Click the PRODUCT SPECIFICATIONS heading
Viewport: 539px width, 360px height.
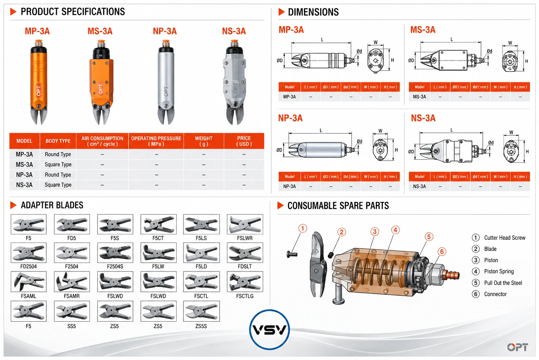click(73, 12)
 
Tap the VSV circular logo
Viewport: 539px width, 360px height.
click(269, 329)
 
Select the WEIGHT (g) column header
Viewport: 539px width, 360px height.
click(204, 141)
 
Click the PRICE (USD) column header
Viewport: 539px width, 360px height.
click(244, 141)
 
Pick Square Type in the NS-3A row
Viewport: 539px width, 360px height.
click(58, 185)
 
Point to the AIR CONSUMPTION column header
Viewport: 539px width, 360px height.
click(102, 141)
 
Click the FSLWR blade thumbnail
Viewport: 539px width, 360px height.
click(245, 224)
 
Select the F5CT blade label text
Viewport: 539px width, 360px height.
click(158, 238)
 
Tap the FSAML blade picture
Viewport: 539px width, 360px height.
click(29, 281)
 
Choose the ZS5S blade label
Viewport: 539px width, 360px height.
click(201, 326)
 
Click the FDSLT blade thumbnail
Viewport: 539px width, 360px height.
click(245, 253)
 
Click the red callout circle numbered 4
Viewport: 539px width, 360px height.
click(395, 230)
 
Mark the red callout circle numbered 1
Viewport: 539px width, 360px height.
click(303, 229)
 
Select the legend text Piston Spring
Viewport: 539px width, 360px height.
click(499, 271)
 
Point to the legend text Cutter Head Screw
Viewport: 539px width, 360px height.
click(505, 238)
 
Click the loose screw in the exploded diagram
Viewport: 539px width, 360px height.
click(292, 254)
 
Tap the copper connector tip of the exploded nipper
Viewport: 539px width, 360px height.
click(453, 275)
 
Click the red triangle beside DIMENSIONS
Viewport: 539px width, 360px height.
click(281, 12)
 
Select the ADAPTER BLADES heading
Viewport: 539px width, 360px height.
click(52, 205)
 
